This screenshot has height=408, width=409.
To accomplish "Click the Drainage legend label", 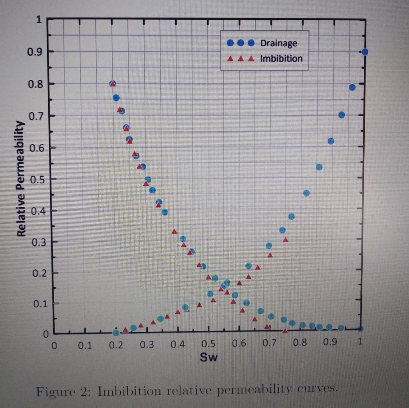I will tap(278, 43).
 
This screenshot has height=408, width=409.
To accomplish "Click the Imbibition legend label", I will tap(281, 59).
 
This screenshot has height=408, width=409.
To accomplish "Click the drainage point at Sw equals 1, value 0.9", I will tap(365, 52).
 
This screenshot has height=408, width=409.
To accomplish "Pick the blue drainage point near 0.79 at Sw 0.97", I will tap(352, 87).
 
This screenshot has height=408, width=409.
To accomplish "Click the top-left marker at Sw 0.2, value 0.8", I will tap(113, 83).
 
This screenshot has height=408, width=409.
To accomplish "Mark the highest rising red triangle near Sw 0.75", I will tap(286, 240).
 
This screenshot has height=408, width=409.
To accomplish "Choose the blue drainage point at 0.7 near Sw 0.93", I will tap(341, 115).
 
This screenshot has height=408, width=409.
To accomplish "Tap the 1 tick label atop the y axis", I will tap(39, 21).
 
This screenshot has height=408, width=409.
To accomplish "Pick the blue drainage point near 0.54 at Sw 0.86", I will tap(319, 167).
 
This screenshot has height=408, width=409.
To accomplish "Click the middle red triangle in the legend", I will tap(240, 59).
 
